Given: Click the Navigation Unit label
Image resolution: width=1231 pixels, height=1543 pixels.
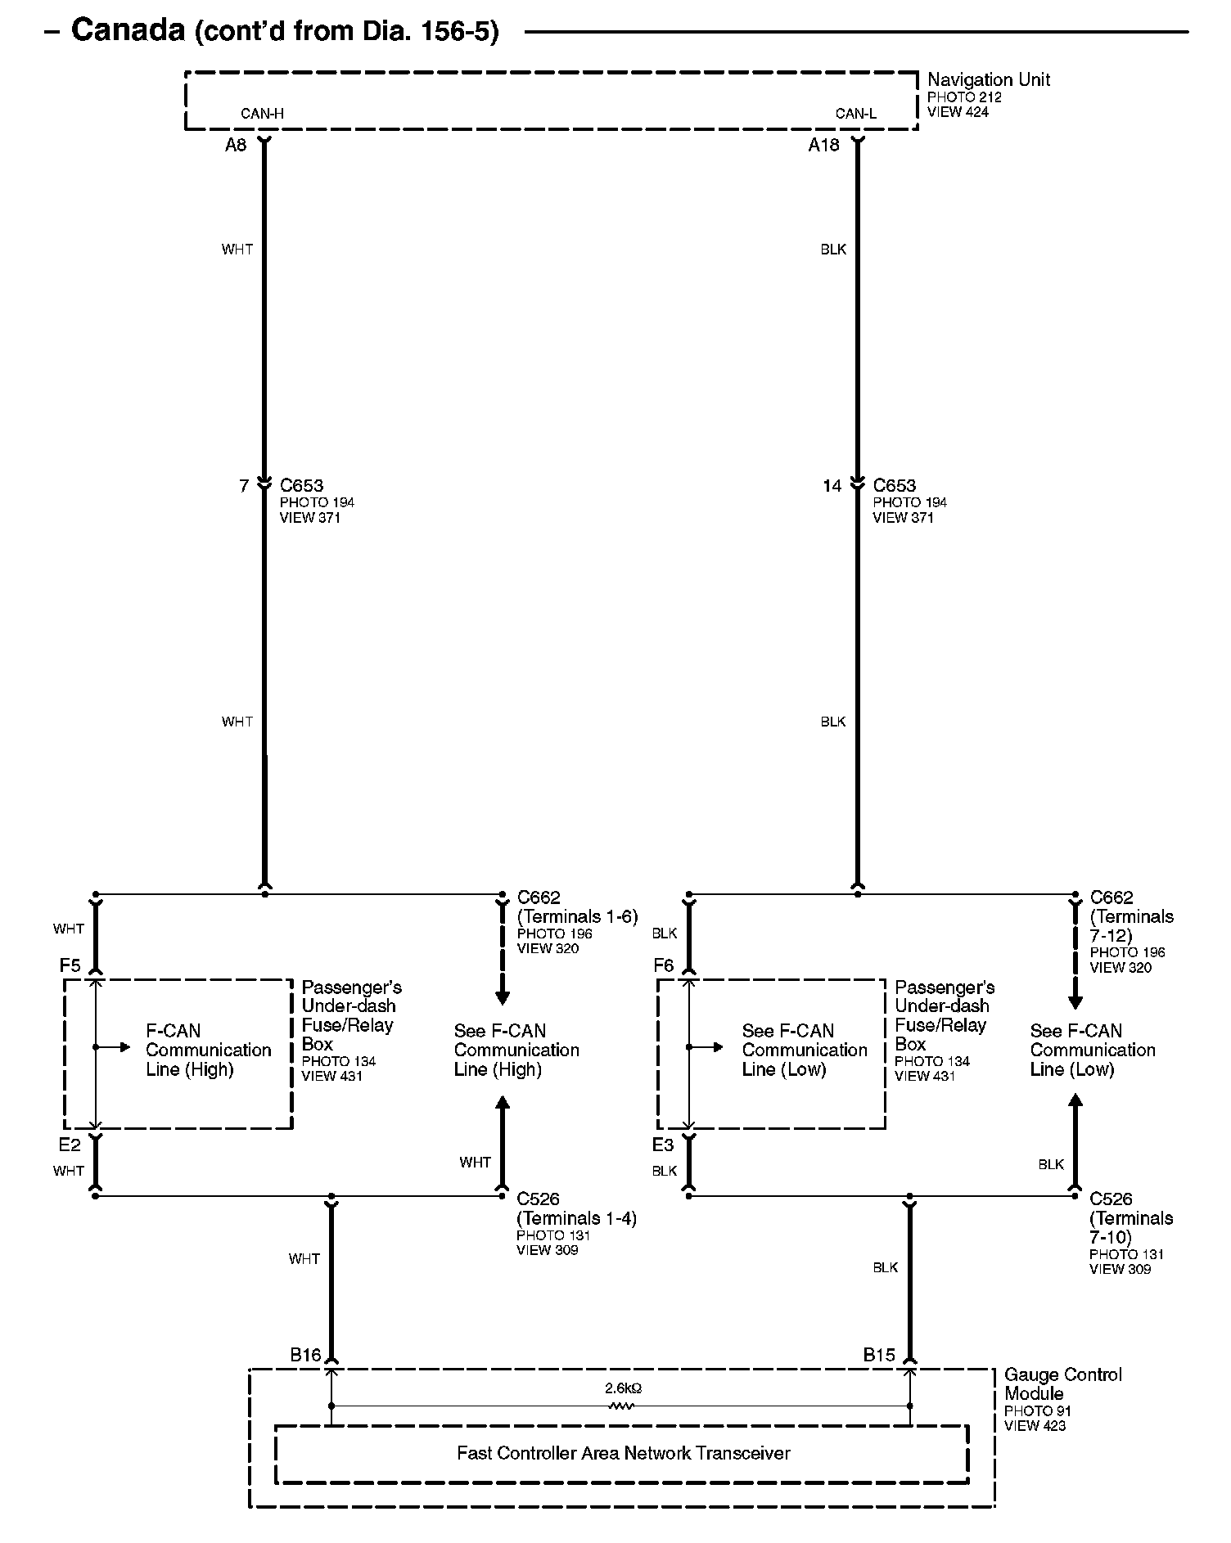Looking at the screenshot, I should (x=988, y=80).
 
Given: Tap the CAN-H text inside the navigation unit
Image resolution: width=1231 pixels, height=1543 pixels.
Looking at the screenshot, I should (x=262, y=114).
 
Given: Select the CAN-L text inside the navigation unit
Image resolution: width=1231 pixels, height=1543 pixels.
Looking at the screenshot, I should (x=855, y=114).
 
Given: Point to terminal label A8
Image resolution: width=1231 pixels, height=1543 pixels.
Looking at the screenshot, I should (x=236, y=146).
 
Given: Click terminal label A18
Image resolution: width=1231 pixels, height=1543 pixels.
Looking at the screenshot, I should (x=823, y=146).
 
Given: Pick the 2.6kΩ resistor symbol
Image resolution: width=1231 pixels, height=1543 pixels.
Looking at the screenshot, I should (x=621, y=1406).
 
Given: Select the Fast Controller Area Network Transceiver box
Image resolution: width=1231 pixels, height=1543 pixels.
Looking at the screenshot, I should (x=623, y=1453).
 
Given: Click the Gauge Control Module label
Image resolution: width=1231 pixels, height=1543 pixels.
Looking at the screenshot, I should (x=1062, y=1383).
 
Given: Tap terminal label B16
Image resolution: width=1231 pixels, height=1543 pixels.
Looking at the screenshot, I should (x=305, y=1355).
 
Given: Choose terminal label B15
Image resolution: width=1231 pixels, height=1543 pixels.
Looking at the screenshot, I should (x=879, y=1355).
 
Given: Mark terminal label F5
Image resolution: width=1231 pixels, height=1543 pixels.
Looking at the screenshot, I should (x=70, y=965).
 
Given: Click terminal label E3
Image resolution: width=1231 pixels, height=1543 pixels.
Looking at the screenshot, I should (x=662, y=1145).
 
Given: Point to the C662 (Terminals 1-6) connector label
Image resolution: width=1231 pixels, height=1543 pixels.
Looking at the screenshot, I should (x=577, y=906).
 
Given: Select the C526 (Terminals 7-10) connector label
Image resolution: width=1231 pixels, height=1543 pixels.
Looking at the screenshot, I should (x=1130, y=1217).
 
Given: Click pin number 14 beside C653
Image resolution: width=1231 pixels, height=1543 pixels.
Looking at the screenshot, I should (x=832, y=487).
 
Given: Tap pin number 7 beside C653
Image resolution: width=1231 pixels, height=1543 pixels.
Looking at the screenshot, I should (x=243, y=487).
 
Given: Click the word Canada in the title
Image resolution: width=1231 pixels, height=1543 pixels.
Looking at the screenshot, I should (x=128, y=30).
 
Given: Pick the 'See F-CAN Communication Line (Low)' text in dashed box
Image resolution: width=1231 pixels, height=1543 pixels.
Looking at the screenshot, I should (x=804, y=1050).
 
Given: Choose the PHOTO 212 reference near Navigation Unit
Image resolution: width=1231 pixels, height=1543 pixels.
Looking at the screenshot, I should (x=964, y=97).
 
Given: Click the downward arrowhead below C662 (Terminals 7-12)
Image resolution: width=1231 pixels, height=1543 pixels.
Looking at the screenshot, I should (x=1075, y=1001).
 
